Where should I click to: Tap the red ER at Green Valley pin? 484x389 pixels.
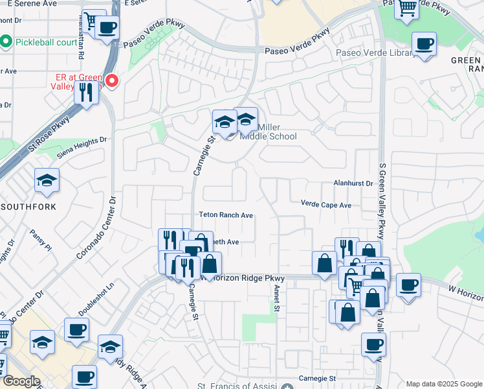coord(112,81)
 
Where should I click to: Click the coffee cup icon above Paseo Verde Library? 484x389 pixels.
coord(424,45)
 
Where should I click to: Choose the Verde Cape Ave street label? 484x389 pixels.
coord(325,204)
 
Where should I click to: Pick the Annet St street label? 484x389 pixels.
coord(277,297)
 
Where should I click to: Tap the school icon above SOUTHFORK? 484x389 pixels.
coord(47,181)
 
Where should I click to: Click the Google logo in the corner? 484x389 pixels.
coord(21,381)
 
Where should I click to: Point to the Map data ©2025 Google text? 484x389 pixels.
coord(443,384)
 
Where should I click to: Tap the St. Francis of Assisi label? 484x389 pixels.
coord(240,388)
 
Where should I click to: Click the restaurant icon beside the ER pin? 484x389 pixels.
coord(86,92)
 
